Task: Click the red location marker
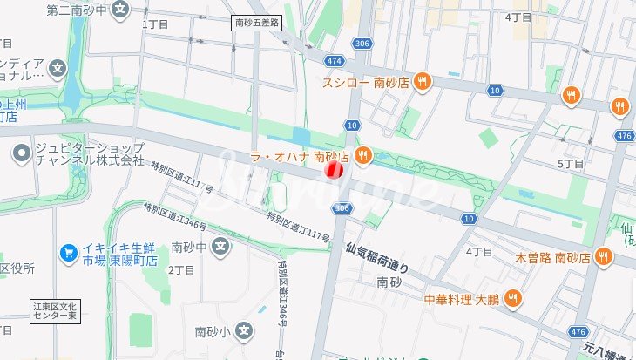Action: [332, 170]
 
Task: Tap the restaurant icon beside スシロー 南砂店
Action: [422, 82]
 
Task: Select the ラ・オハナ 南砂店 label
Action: [299, 156]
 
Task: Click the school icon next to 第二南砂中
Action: [120, 10]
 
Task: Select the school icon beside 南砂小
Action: [245, 331]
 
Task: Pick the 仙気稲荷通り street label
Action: [376, 258]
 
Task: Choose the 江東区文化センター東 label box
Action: [55, 312]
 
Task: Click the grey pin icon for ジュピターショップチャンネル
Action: [22, 154]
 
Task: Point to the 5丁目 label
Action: [570, 164]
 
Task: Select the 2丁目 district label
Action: [181, 270]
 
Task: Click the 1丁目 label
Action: [154, 24]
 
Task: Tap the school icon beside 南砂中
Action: [221, 248]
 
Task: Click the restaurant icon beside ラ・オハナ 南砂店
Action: [363, 156]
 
